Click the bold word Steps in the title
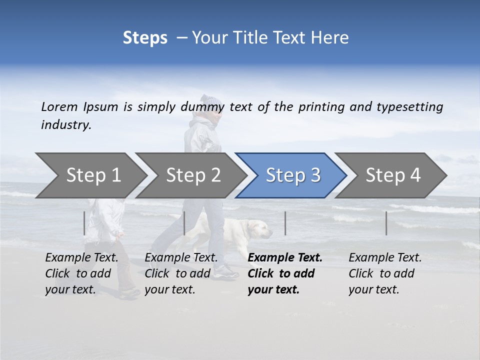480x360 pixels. tap(145, 38)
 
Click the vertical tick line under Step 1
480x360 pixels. tap(84, 223)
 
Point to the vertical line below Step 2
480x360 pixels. tap(184, 223)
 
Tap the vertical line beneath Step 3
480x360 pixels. tap(285, 223)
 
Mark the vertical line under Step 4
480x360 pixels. tap(386, 223)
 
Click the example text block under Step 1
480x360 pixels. tap(81, 273)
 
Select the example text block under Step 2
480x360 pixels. tap(181, 273)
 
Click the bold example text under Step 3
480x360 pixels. tap(284, 273)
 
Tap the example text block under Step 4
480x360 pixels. tap(385, 273)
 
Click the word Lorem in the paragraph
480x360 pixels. tap(59, 107)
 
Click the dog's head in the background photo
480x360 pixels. tap(261, 229)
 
